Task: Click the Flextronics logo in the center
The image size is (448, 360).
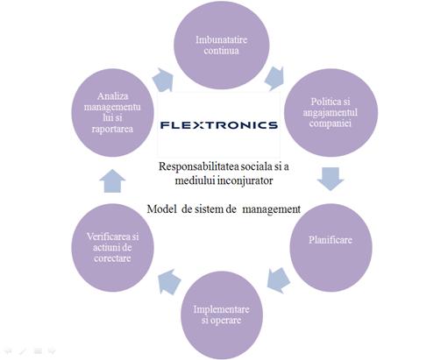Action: (219, 125)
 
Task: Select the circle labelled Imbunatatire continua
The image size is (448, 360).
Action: (222, 45)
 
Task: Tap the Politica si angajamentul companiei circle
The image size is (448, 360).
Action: (331, 113)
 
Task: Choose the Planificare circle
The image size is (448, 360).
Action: (331, 248)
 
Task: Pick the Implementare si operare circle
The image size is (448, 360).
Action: (222, 315)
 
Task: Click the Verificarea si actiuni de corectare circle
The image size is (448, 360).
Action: (112, 248)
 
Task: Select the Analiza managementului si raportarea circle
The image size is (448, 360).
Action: (112, 113)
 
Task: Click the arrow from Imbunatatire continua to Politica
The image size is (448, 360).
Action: (274, 78)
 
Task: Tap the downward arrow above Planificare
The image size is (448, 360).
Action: (331, 179)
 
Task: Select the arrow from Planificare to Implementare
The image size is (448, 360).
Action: (278, 280)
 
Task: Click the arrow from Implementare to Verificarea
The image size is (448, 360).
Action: (169, 281)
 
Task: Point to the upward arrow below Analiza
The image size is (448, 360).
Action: (112, 181)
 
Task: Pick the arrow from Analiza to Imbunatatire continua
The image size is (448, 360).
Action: (163, 80)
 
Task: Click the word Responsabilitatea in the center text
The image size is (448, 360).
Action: (199, 166)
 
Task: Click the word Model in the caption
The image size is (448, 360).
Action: (161, 209)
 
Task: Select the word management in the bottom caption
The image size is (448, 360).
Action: (272, 209)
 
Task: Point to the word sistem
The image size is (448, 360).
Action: (209, 209)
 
